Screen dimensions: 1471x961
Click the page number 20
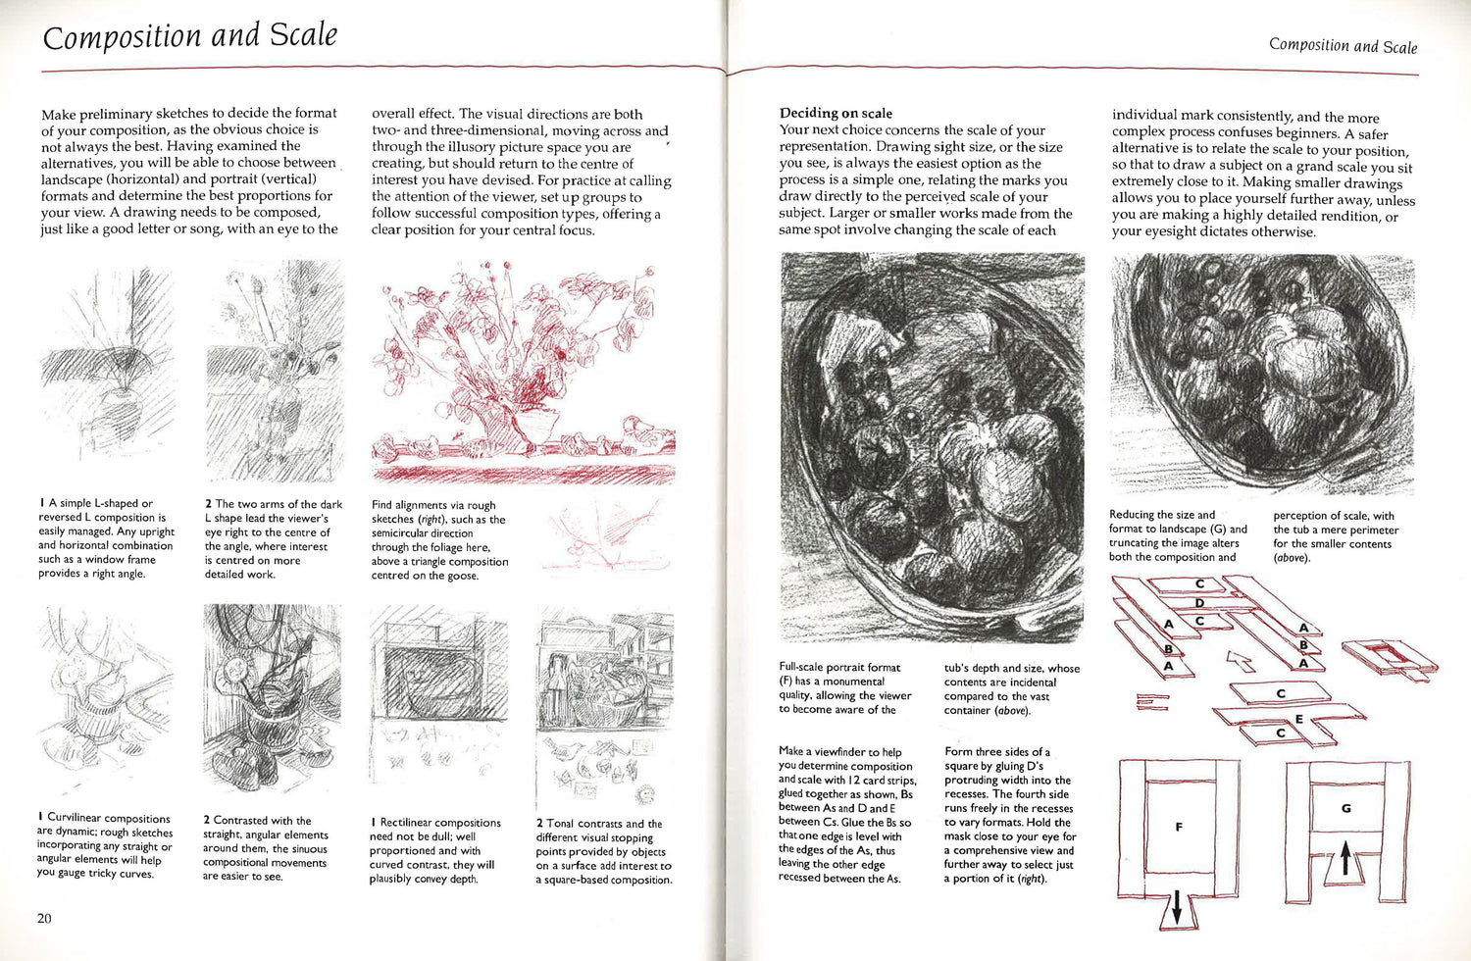pyautogui.click(x=44, y=918)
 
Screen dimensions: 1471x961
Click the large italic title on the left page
pyautogui.click(x=190, y=36)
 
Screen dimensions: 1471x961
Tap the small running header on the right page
pyautogui.click(x=1343, y=45)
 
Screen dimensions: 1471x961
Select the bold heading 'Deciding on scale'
pyautogui.click(x=836, y=113)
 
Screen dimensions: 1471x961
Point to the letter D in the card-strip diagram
pyautogui.click(x=1199, y=603)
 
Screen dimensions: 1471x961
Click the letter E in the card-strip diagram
pyautogui.click(x=1298, y=719)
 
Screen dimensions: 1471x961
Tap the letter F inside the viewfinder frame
pyautogui.click(x=1179, y=827)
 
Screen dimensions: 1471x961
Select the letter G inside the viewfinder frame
pyautogui.click(x=1345, y=809)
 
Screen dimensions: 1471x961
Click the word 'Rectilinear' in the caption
pyautogui.click(x=410, y=823)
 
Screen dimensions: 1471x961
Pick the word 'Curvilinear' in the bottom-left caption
pyautogui.click(x=76, y=819)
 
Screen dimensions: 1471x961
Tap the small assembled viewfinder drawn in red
pyautogui.click(x=1389, y=660)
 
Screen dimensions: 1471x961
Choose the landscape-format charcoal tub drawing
pyautogui.click(x=1261, y=374)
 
